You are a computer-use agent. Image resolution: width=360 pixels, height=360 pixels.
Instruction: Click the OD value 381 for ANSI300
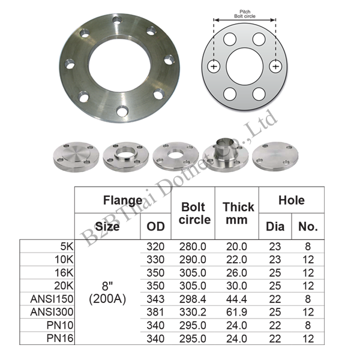155,312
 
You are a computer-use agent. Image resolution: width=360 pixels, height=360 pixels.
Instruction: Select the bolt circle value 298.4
193,299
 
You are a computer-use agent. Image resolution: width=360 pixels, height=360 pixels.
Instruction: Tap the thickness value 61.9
236,312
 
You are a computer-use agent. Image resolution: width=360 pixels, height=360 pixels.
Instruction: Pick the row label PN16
60,338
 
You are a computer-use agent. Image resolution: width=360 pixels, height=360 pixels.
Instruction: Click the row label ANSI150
52,299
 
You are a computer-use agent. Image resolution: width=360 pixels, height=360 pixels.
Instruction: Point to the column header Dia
275,227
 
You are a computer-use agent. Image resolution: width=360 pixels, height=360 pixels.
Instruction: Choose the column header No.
308,227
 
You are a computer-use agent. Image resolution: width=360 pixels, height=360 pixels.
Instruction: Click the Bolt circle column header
194,213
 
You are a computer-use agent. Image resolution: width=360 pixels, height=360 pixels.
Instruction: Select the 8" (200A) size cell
107,293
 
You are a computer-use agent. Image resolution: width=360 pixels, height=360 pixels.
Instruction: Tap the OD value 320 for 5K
155,247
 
